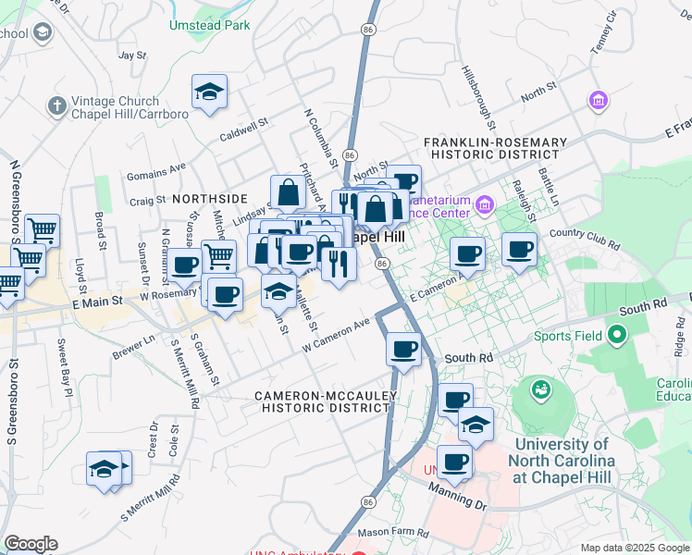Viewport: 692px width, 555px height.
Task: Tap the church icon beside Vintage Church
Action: coord(56,105)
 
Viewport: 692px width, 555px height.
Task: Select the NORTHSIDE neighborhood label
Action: coord(209,199)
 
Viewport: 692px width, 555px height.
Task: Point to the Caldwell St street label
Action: coord(243,129)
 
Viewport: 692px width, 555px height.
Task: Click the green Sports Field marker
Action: coord(616,336)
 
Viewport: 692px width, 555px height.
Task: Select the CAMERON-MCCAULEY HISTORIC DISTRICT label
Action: coord(327,401)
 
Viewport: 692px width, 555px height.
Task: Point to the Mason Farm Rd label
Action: coord(393,534)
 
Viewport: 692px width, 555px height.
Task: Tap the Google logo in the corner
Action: coord(31,544)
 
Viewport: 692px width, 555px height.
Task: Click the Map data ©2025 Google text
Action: coord(634,548)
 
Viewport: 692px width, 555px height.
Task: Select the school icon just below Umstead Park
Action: coord(210,92)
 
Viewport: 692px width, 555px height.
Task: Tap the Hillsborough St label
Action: coord(481,98)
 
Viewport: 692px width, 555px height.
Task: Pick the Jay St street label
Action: coord(133,55)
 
